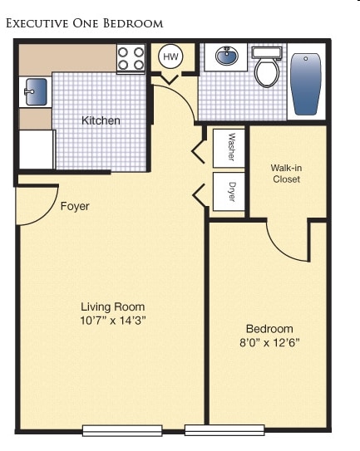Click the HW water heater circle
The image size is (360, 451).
pyautogui.click(x=170, y=56)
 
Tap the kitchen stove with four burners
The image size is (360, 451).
pyautogui.click(x=131, y=59)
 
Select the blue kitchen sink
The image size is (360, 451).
pyautogui.click(x=36, y=91)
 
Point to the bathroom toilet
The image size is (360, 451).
pyautogui.click(x=267, y=67)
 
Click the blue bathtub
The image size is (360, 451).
pyautogui.click(x=306, y=84)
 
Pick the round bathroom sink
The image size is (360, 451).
pyautogui.click(x=227, y=56)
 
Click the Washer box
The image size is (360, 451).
pyautogui.click(x=229, y=148)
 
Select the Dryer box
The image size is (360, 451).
pyautogui.click(x=229, y=192)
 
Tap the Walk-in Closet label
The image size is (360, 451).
pyautogui.click(x=286, y=174)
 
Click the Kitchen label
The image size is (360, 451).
pyautogui.click(x=101, y=120)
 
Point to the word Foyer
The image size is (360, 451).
pyautogui.click(x=75, y=206)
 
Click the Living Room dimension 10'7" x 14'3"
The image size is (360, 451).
pyautogui.click(x=113, y=320)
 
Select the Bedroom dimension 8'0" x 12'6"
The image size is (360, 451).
pyautogui.click(x=269, y=342)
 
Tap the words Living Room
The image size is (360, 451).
pyautogui.click(x=112, y=307)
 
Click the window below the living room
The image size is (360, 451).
pyautogui.click(x=122, y=430)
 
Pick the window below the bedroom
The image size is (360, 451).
pyautogui.click(x=224, y=430)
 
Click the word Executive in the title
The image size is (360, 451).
pyautogui.click(x=37, y=23)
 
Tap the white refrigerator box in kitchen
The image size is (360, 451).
pyautogui.click(x=37, y=150)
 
